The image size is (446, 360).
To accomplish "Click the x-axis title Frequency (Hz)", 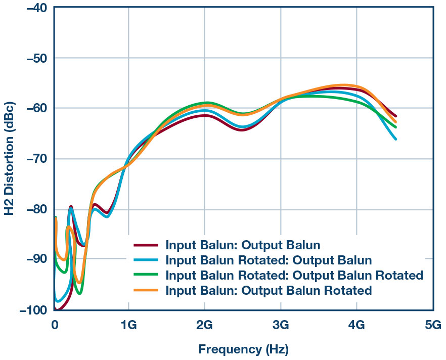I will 244,348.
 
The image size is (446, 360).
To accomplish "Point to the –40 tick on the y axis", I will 33,8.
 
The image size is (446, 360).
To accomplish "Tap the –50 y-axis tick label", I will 33,58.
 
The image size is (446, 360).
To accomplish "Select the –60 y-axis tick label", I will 33,109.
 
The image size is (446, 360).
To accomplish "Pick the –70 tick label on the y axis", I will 33,159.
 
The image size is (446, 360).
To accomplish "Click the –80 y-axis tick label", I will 33,209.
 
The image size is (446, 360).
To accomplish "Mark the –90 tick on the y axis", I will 33,260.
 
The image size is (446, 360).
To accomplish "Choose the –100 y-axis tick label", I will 30,310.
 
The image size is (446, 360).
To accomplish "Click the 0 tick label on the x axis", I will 55,324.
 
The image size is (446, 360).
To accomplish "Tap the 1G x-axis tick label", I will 128,324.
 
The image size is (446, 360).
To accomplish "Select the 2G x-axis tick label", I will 204,324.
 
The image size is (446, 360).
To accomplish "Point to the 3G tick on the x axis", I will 281,324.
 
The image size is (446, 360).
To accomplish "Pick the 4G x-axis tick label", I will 356,324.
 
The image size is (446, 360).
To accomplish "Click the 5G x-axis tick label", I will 432,324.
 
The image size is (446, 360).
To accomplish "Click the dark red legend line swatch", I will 146,246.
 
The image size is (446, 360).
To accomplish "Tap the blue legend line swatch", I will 146,261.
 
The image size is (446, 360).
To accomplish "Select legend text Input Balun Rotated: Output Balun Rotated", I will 294,276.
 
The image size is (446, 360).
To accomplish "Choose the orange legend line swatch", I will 146,291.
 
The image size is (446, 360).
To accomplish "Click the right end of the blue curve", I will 395,139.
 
